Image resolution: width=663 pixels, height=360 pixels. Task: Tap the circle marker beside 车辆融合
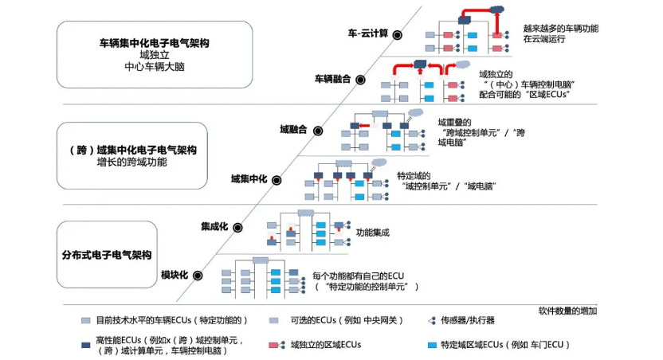359,80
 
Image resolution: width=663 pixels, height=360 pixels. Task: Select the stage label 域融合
293,130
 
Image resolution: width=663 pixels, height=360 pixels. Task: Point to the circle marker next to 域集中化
277,179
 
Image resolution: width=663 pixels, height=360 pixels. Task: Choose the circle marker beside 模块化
197,276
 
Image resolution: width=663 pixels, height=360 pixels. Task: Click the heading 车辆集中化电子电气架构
155,41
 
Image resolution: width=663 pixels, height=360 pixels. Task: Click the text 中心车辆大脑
155,68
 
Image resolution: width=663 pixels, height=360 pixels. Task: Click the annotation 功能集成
372,233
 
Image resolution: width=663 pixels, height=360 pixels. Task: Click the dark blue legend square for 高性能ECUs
85,344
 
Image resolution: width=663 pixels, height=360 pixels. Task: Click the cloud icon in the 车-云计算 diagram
497,10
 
